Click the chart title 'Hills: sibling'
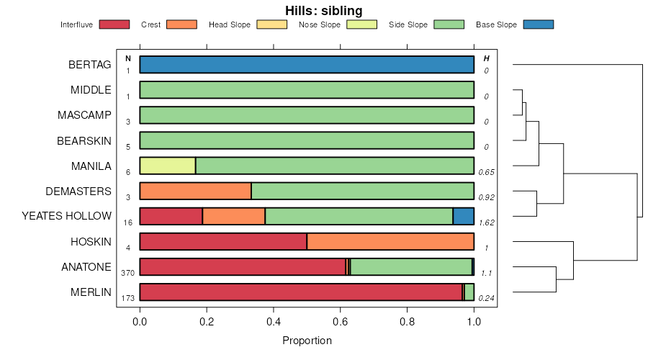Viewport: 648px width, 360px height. (x=323, y=11)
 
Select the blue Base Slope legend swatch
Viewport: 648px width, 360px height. (x=538, y=24)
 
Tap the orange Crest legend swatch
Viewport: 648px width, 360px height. (x=181, y=24)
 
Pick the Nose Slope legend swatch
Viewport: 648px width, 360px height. (x=362, y=24)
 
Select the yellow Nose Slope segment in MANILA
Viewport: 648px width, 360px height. (x=167, y=166)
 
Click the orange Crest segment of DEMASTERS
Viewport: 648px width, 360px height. (x=195, y=191)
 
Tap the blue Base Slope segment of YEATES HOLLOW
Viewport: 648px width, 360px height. (x=464, y=216)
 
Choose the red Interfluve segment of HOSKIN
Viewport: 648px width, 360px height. (x=223, y=241)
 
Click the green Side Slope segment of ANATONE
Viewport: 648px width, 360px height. (x=410, y=266)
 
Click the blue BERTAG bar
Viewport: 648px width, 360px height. (x=307, y=65)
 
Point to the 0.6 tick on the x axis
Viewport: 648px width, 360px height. (x=341, y=322)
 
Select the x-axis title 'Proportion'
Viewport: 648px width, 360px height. (x=307, y=341)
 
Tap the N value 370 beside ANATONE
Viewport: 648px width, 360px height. (x=128, y=274)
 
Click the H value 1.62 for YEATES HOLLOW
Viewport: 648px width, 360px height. (x=486, y=223)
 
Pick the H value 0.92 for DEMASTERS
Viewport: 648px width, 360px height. (x=486, y=198)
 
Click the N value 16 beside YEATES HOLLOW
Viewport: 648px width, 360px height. (x=128, y=223)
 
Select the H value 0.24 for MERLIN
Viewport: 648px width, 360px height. (x=486, y=299)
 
